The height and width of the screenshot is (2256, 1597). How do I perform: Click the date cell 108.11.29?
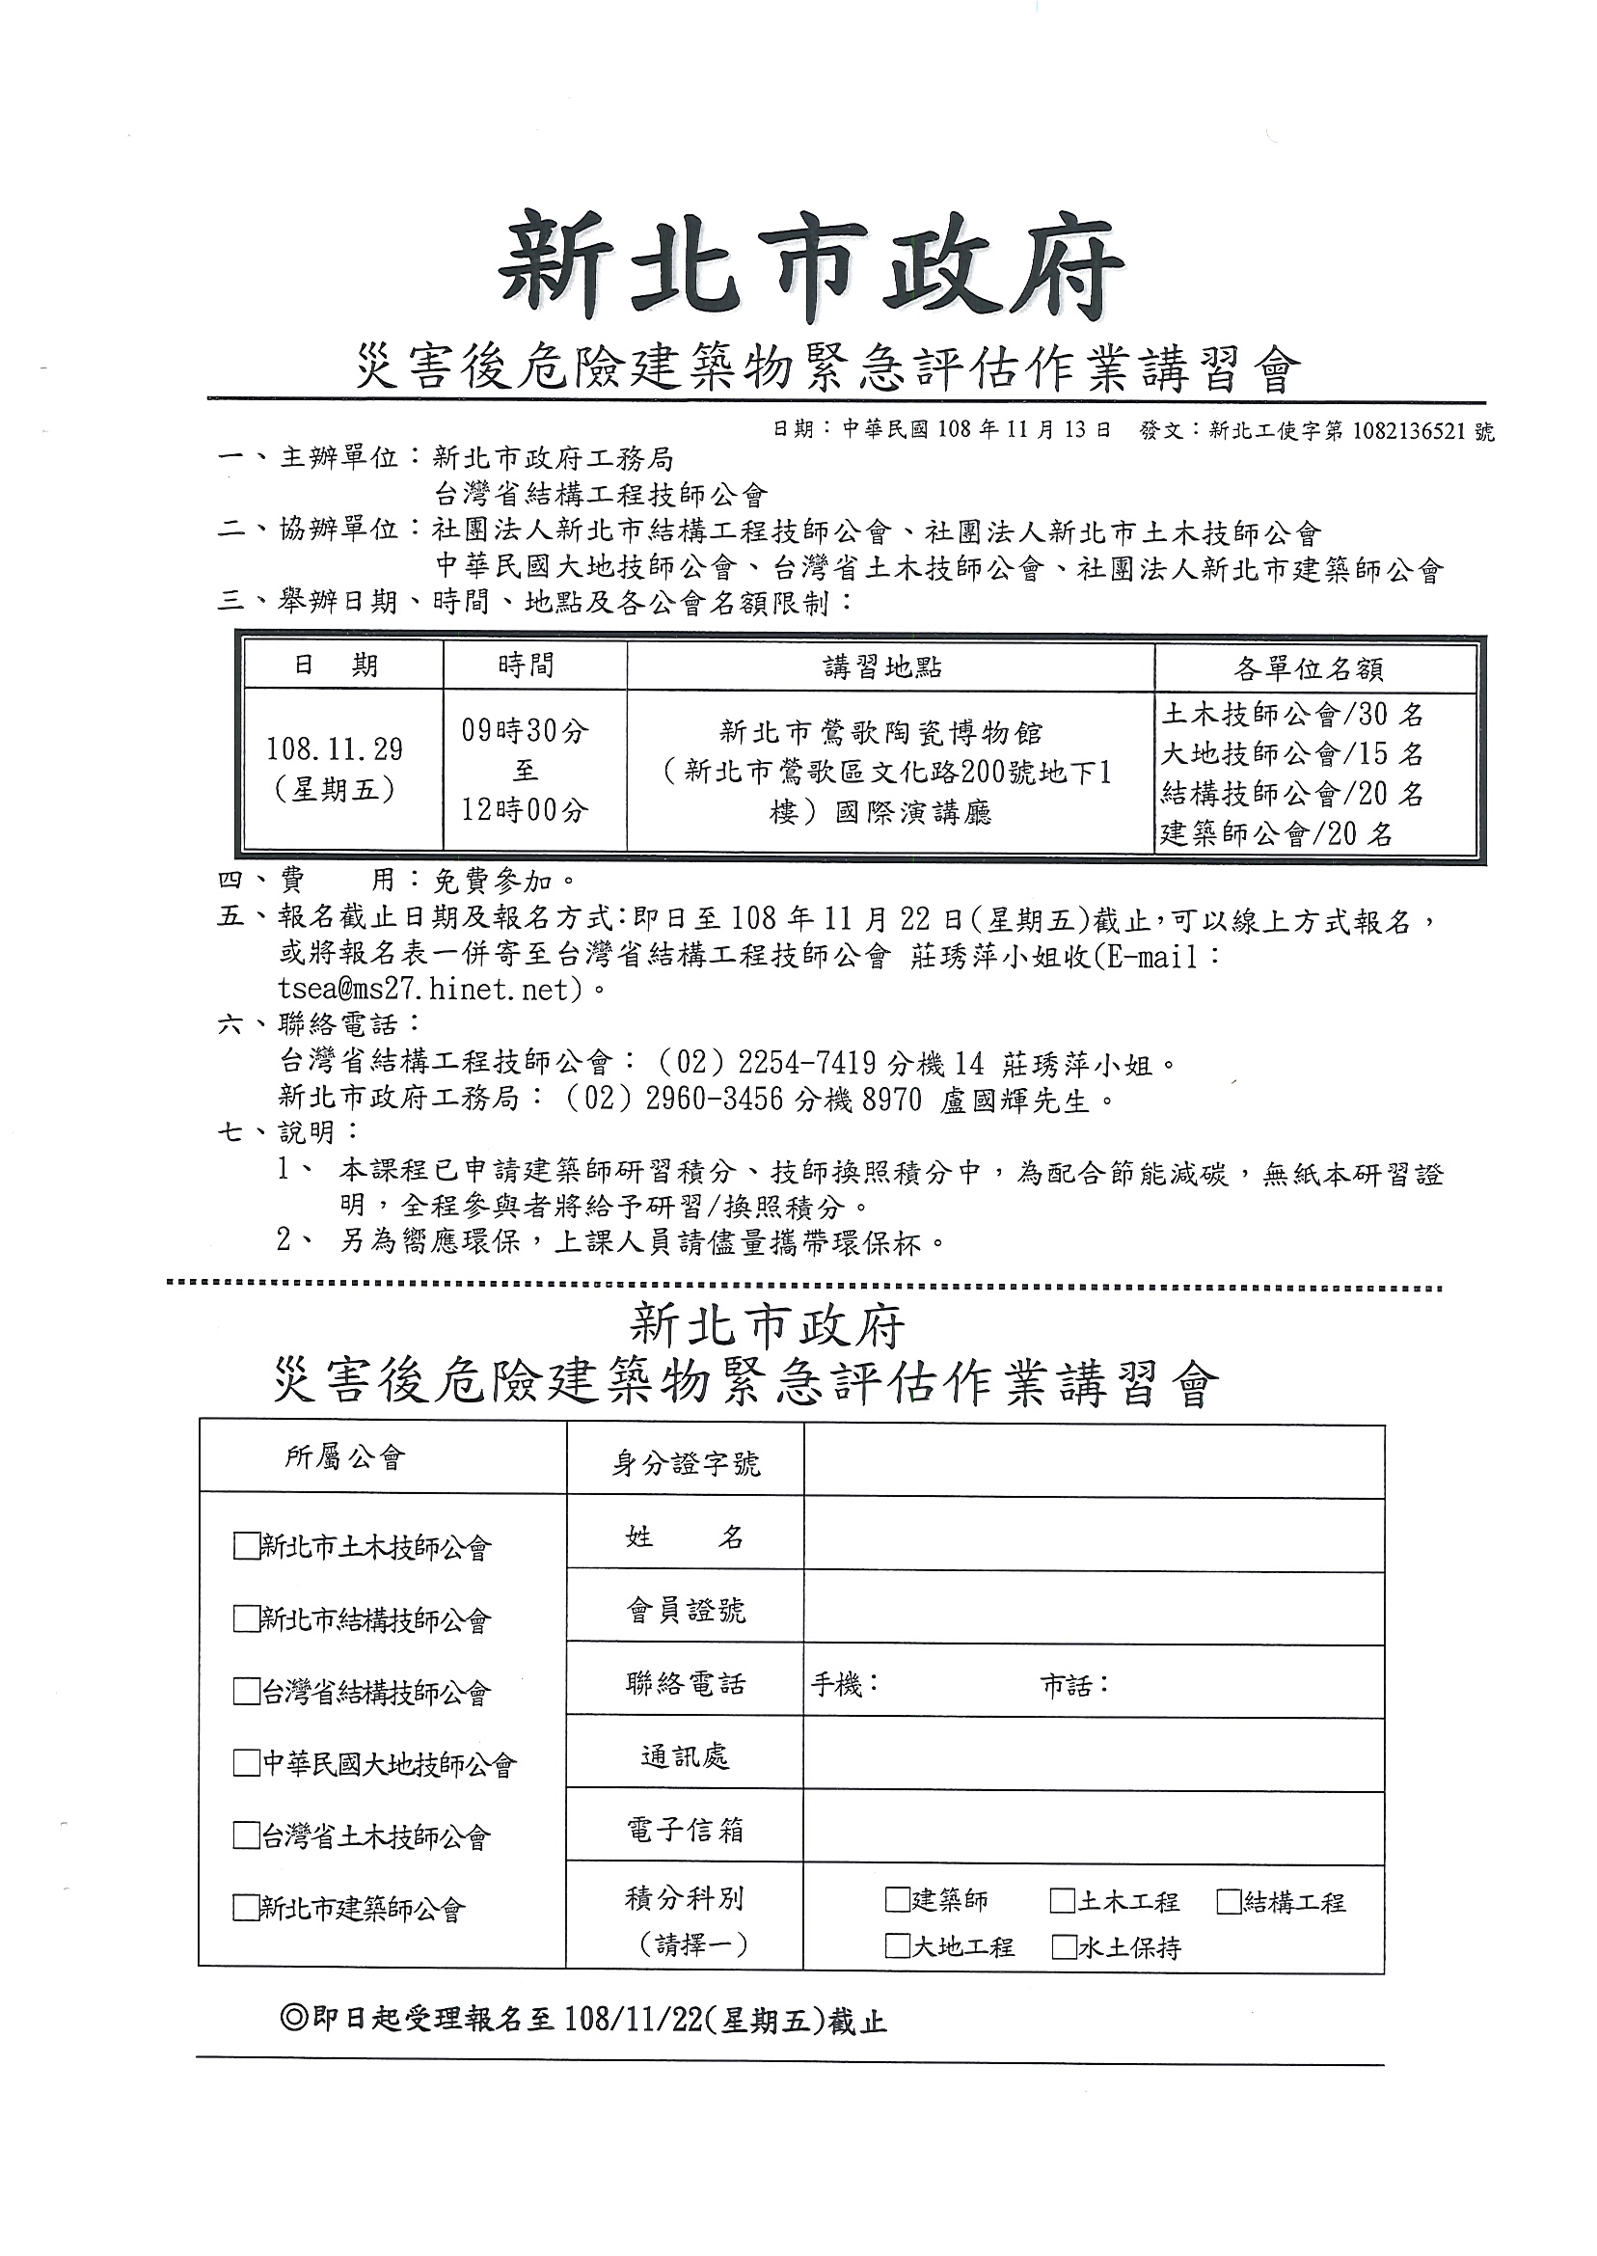335,749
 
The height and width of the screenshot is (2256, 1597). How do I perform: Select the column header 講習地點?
882,667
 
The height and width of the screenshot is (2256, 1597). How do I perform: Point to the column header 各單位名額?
1308,669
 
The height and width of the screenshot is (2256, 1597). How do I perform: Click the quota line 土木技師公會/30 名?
1292,714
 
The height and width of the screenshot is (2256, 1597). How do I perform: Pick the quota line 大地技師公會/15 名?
1292,754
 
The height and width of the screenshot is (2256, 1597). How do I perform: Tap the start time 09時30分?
525,730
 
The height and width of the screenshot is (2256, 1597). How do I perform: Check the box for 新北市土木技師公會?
245,1547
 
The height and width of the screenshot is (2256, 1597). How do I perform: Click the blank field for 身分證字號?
1094,1462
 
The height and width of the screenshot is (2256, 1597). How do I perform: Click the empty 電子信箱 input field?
1094,1828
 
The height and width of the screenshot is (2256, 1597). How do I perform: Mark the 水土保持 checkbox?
1063,1947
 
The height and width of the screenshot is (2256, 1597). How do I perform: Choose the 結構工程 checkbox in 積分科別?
1229,1901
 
